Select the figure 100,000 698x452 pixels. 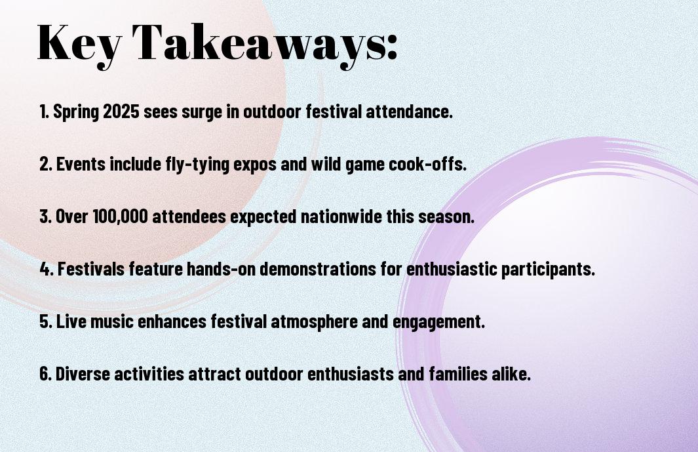[120, 216]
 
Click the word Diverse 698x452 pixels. [83, 373]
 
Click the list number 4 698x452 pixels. [45, 269]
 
